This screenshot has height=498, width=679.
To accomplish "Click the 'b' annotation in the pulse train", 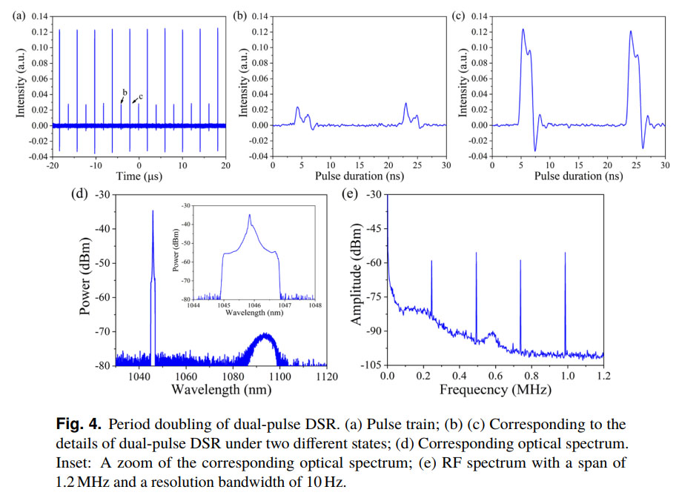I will tap(125, 91).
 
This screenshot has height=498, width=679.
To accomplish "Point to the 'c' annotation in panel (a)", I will tap(140, 96).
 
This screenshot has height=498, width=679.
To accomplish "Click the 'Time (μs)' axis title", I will tap(139, 178).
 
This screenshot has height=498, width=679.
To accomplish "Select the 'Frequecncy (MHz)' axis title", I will tap(495, 388).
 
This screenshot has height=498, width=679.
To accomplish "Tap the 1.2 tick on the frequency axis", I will tap(603, 376).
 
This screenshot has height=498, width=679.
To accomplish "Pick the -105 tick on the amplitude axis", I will tap(372, 365).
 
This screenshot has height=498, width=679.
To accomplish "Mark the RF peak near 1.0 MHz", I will tap(566, 253).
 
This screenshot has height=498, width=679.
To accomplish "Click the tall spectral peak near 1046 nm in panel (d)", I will tap(153, 211).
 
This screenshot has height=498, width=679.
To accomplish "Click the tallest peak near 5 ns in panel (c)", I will tap(523, 30).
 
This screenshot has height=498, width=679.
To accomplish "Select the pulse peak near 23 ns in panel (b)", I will tap(405, 104).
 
